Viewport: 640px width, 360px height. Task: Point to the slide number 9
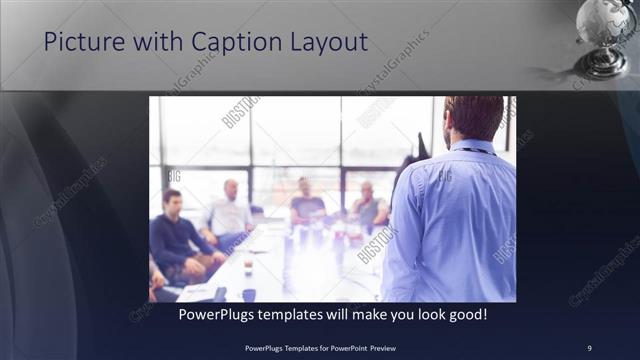(x=589, y=347)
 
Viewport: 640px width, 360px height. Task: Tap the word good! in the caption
(x=465, y=314)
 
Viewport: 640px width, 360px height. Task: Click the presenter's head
(x=473, y=117)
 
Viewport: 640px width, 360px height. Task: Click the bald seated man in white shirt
(x=230, y=213)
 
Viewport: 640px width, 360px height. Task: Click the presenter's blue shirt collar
(x=472, y=147)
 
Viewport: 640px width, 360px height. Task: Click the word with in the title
(x=153, y=43)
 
